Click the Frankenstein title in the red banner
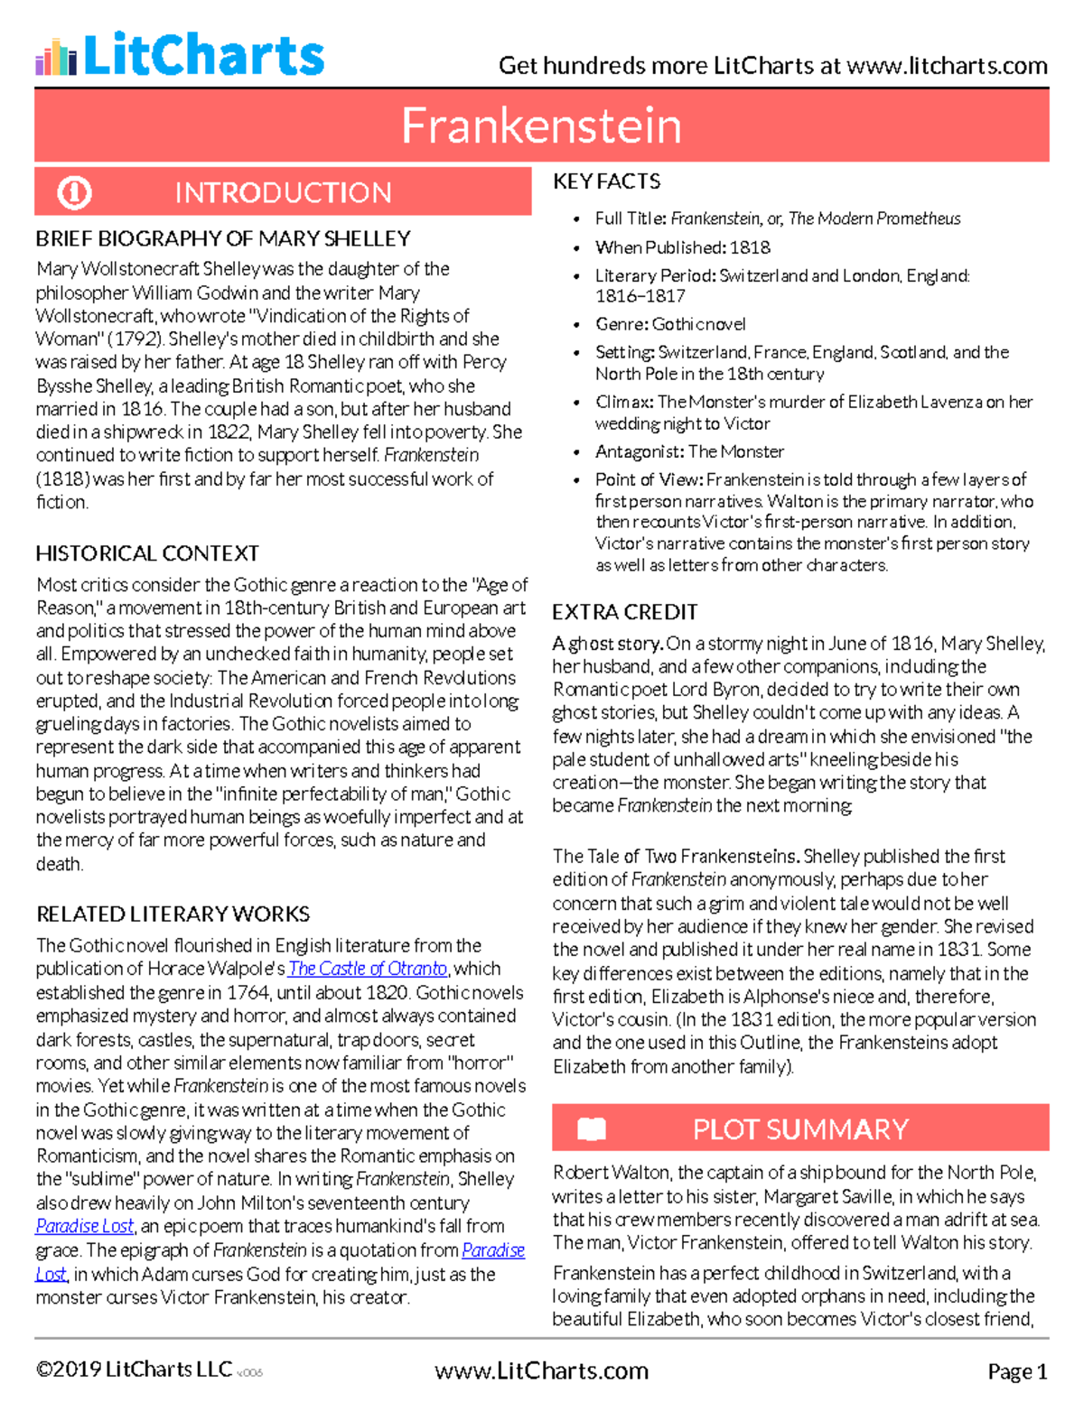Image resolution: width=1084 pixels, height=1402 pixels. tap(541, 125)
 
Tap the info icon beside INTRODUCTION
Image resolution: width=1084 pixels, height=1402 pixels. tap(74, 192)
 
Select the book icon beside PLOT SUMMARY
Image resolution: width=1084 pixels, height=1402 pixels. tap(592, 1128)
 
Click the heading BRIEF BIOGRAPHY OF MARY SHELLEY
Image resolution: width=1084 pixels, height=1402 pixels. tap(223, 238)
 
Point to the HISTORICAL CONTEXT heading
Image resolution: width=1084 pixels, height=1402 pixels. tap(147, 552)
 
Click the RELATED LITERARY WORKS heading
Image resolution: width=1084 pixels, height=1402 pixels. tap(173, 914)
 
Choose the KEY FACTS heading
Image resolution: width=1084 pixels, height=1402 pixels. tap(606, 181)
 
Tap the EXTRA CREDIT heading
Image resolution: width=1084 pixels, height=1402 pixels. tap(624, 612)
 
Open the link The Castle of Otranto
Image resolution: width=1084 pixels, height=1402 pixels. tap(368, 969)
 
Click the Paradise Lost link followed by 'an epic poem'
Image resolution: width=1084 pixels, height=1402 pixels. tap(85, 1226)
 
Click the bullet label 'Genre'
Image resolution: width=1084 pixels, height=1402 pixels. tap(620, 324)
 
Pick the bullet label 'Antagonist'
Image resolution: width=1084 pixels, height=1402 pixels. tap(639, 451)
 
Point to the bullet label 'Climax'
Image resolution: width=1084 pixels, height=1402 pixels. tap(623, 402)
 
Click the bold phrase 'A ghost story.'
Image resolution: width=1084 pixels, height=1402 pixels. tap(608, 644)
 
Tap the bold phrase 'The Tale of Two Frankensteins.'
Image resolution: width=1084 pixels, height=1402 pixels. tap(676, 856)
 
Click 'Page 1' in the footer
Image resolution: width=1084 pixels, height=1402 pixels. tap(1017, 1371)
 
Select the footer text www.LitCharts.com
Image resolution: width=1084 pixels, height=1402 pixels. tap(541, 1370)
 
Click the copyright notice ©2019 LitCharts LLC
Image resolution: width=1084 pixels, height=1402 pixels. tap(134, 1370)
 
